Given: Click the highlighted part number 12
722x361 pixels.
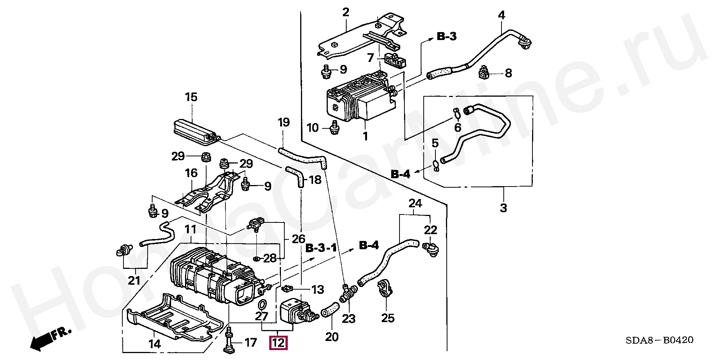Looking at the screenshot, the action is [278, 343].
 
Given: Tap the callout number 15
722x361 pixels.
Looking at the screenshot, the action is [191, 97].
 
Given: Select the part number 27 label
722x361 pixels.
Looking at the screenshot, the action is [261, 316].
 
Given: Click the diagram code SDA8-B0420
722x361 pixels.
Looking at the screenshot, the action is [659, 340].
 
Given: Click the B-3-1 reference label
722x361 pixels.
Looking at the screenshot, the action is [321, 248].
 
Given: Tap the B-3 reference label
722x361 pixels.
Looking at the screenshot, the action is [447, 36].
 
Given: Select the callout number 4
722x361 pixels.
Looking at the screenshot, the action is [501, 15].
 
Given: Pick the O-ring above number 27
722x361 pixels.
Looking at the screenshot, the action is [262, 304].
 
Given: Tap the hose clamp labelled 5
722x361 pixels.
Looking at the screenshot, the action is [435, 165].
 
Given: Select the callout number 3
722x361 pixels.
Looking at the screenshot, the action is [503, 208].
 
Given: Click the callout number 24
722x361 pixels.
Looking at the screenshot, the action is [415, 203].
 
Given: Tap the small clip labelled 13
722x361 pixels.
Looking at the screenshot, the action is [288, 289].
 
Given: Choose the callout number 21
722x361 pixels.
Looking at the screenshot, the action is [134, 280].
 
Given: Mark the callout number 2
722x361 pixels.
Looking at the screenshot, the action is [346, 12].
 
